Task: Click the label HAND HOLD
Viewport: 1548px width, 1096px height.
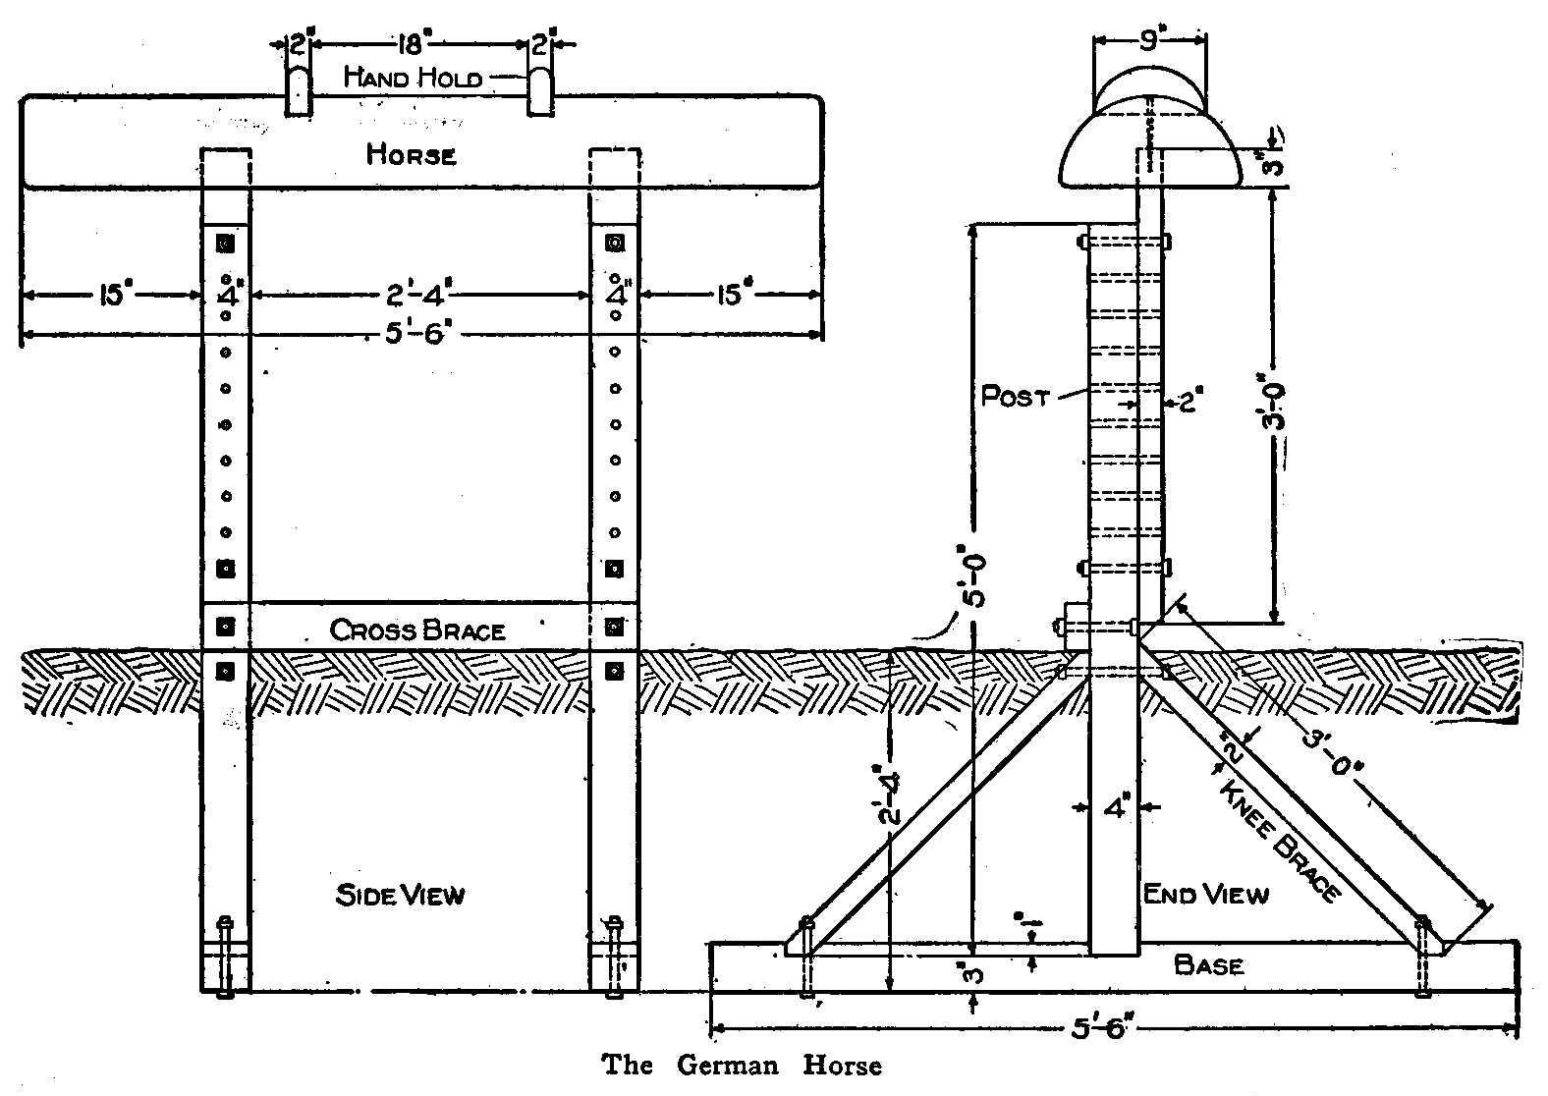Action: click(x=413, y=78)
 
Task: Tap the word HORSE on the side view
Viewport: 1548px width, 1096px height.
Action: click(x=412, y=154)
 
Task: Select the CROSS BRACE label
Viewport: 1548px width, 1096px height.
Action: click(x=417, y=630)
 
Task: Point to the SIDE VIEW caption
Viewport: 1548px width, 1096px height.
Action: click(x=400, y=895)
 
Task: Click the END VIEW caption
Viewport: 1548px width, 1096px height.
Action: click(x=1206, y=894)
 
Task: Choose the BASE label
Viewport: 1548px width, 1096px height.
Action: click(x=1209, y=964)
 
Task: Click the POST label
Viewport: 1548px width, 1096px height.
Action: click(x=1016, y=398)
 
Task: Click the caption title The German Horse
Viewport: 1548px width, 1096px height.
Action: click(x=742, y=1066)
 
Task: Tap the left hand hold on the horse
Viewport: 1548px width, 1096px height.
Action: click(x=299, y=90)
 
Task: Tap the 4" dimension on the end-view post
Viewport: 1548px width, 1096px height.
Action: click(x=1117, y=807)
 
